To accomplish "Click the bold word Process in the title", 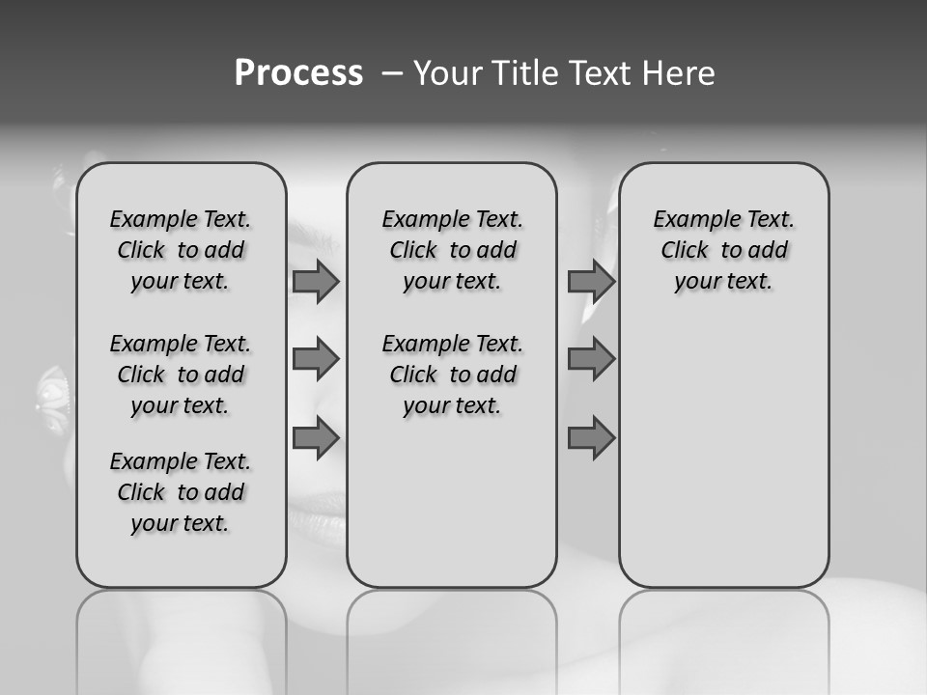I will [298, 73].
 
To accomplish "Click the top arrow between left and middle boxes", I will [316, 282].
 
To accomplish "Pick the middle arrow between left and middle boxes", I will [316, 359].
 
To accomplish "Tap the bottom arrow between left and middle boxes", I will [316, 437].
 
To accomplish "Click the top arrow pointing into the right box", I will [591, 282].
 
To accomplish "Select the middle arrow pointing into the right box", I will [591, 359].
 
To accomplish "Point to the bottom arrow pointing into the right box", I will [591, 437].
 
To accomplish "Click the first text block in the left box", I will [181, 250].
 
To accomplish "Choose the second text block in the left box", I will [181, 375].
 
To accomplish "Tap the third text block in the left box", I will [181, 492].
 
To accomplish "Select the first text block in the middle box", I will [453, 250].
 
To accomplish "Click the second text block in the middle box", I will [453, 375].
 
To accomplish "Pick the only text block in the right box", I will [724, 250].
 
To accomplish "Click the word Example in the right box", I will [690, 220].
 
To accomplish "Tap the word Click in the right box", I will [685, 251].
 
